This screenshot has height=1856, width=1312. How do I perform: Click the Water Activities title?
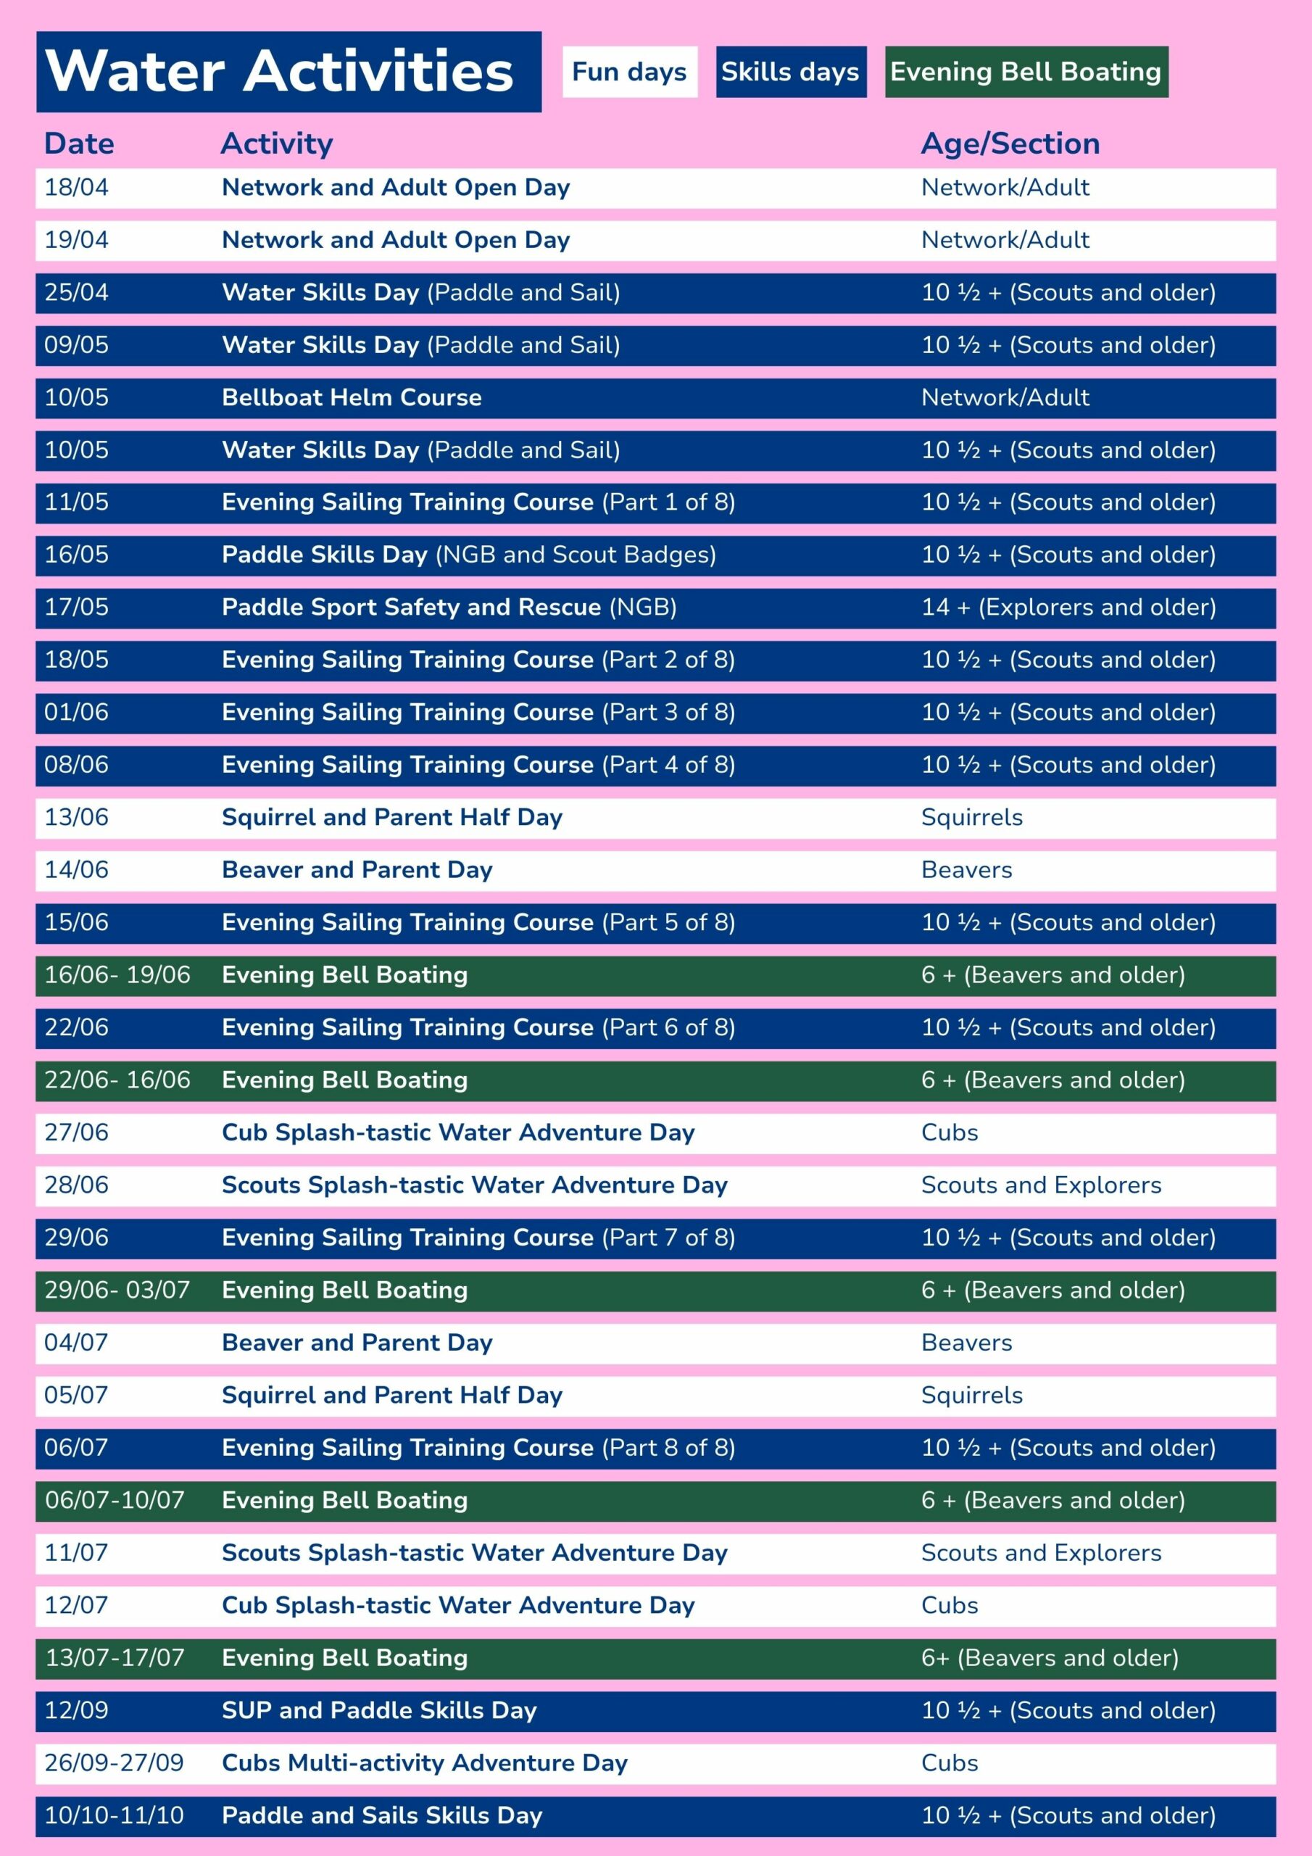point(280,71)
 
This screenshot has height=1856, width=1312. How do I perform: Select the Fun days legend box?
point(629,72)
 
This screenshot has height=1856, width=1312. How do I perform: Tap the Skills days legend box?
point(790,72)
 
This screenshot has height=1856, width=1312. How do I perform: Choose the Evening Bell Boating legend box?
point(1025,72)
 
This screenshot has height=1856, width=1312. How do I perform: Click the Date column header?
point(79,144)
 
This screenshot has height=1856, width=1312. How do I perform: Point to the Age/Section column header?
point(1010,144)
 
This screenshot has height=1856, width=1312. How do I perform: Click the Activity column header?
point(276,144)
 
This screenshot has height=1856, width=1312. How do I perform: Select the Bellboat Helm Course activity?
point(352,398)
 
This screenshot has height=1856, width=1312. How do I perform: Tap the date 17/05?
point(77,607)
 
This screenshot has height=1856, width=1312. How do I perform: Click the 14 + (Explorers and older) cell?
point(1068,607)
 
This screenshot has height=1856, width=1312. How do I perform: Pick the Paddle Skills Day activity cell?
point(469,555)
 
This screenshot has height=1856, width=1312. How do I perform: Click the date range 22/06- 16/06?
point(117,1080)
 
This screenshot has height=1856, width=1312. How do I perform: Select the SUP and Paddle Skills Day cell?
point(379,1710)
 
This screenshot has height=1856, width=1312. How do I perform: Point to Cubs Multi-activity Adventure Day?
point(424,1763)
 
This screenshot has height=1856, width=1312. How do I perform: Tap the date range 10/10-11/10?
point(114,1815)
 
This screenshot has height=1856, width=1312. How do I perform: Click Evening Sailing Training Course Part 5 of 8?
point(478,922)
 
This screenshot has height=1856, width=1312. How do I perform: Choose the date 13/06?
point(77,817)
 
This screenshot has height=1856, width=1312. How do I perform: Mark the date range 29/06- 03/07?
point(117,1290)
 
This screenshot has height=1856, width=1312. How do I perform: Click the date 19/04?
point(77,240)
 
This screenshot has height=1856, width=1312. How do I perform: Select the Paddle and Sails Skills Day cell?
point(381,1815)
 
